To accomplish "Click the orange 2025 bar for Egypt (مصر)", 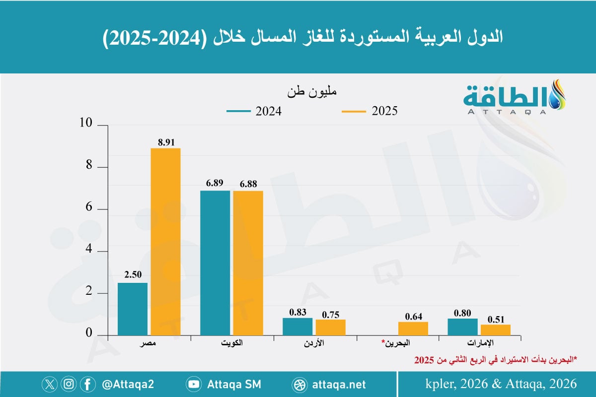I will (x=165, y=242).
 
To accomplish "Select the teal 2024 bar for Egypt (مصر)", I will (x=133, y=309).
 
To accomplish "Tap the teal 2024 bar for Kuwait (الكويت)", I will (x=215, y=263).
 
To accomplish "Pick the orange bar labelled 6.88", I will (x=248, y=263).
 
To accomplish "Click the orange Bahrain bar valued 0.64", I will (x=413, y=329).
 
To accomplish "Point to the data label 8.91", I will (x=166, y=141).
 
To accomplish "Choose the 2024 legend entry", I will (x=254, y=112).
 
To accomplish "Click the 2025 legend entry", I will (x=370, y=112).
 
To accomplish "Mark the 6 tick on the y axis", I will (x=89, y=209).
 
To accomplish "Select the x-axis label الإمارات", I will (x=479, y=343).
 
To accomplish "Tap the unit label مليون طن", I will (x=312, y=93).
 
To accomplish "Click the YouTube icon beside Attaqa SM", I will (x=193, y=384).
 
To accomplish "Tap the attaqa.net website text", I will (x=339, y=384).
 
